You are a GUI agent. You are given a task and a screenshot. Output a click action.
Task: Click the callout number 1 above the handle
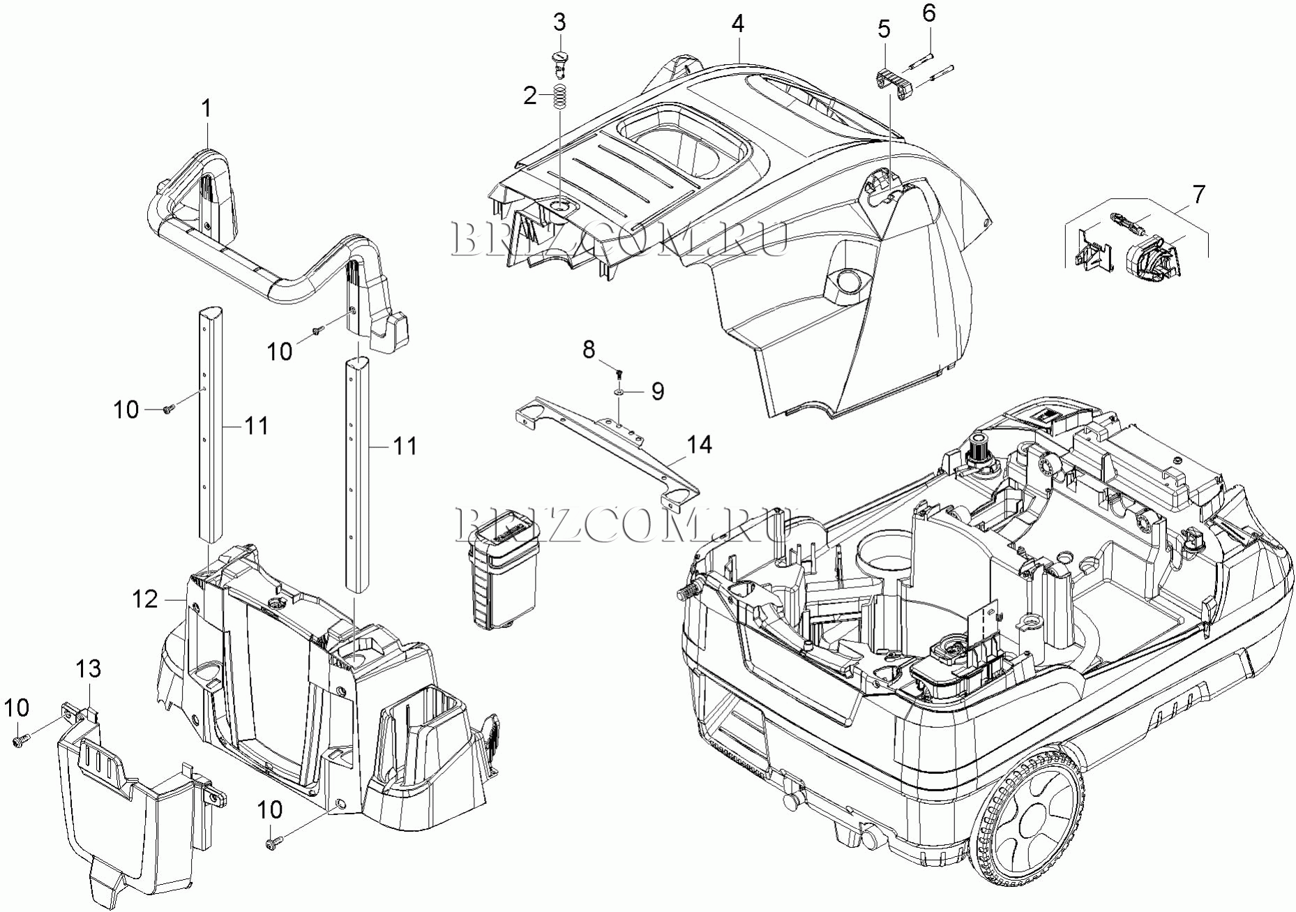pyautogui.click(x=206, y=109)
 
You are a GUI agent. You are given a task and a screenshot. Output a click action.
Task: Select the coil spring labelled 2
pyautogui.click(x=559, y=96)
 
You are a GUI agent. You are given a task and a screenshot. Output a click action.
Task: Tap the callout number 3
pyautogui.click(x=559, y=22)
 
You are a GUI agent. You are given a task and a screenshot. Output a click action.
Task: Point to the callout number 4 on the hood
pyautogui.click(x=738, y=24)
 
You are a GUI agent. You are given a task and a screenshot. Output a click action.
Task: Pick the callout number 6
pyautogui.click(x=928, y=13)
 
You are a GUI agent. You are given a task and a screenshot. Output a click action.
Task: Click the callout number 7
pyautogui.click(x=1198, y=195)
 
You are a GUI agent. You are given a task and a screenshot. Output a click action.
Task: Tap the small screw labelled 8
pyautogui.click(x=619, y=368)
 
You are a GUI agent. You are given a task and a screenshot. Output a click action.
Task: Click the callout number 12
pyautogui.click(x=146, y=599)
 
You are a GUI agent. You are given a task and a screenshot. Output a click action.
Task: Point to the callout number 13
pyautogui.click(x=89, y=669)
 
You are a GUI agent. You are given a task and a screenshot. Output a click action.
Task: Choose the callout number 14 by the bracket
pyautogui.click(x=700, y=444)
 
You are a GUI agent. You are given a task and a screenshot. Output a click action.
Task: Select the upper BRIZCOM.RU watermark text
pyautogui.click(x=620, y=239)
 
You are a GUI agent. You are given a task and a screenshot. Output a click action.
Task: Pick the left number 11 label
pyautogui.click(x=256, y=425)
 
